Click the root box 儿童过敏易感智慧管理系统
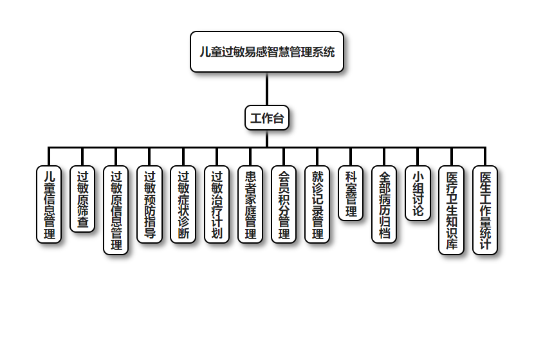tap(267, 52)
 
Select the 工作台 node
tap(267, 118)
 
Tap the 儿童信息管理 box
tap(49, 204)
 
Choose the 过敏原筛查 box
tap(82, 199)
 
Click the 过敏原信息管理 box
tap(116, 210)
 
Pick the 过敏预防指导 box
tap(149, 204)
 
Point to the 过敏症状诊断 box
tap(183, 204)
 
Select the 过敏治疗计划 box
tap(216, 204)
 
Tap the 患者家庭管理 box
tap(250, 204)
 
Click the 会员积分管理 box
tap(284, 204)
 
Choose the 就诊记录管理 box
tap(317, 204)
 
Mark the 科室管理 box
tap(351, 193)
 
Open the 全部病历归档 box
tap(384, 204)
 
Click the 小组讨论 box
tap(418, 193)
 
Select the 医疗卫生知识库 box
tap(451, 210)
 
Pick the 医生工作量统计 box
tap(485, 210)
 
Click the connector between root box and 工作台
tap(267, 89)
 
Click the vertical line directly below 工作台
tap(267, 139)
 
